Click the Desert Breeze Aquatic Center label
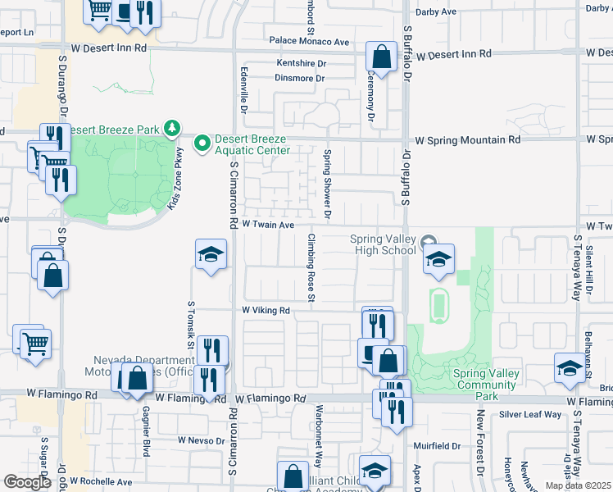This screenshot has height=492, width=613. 252,144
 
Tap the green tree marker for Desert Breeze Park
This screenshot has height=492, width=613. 172,128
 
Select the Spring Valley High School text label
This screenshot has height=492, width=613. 383,244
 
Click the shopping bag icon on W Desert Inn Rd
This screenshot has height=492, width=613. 381,58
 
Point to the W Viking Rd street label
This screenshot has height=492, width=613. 266,311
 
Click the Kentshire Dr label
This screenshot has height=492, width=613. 301,63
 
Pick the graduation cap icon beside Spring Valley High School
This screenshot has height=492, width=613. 438,260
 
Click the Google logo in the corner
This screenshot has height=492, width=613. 28,482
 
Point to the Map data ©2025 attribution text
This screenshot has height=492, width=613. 578,485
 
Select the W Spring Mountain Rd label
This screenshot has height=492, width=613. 467,140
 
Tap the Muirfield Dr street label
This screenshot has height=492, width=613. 438,447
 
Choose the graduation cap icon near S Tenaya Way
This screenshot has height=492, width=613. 570,368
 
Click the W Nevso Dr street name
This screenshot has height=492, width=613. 202,440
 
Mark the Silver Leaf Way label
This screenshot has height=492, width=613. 530,415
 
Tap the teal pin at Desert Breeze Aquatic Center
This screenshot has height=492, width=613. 202,143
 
